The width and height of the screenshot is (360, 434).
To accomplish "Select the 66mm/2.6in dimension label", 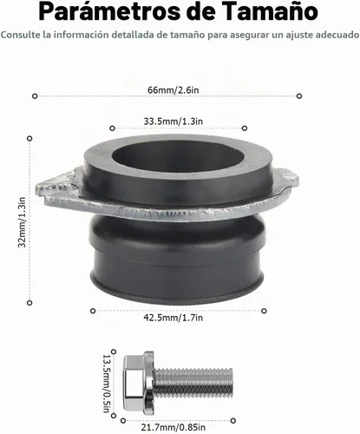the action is [173, 90].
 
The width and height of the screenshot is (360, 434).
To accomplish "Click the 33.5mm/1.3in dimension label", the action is [173, 122].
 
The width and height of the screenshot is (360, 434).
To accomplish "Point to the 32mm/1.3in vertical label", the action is [22, 222].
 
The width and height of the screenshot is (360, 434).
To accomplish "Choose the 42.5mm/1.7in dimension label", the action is [173, 318].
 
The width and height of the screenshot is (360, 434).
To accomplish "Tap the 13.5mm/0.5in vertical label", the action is [107, 384].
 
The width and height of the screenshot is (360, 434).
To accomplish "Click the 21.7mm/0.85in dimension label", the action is [173, 427].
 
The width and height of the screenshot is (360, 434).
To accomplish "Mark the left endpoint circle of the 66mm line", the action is [35, 95].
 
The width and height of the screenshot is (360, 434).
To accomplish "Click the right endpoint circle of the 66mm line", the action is [299, 95].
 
